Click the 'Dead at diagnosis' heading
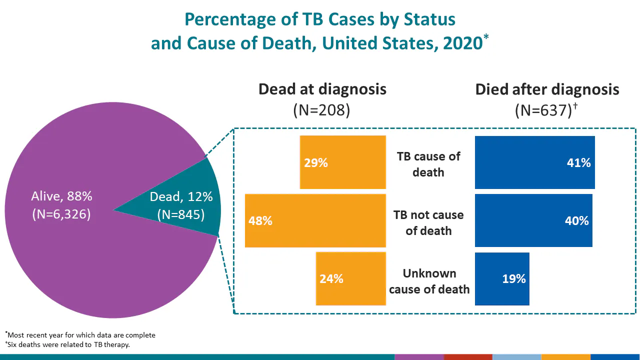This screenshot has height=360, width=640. point(322,89)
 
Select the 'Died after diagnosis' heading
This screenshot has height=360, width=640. point(547,89)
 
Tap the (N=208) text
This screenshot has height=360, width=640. point(321,110)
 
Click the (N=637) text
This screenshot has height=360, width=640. point(543,110)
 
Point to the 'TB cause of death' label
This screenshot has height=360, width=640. point(428,164)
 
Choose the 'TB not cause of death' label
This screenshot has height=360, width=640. point(428,222)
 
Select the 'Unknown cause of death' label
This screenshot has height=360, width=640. point(429,281)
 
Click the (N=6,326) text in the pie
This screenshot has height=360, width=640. point(61,214)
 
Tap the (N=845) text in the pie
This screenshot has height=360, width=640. point(181,214)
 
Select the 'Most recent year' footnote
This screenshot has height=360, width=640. point(81,335)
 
